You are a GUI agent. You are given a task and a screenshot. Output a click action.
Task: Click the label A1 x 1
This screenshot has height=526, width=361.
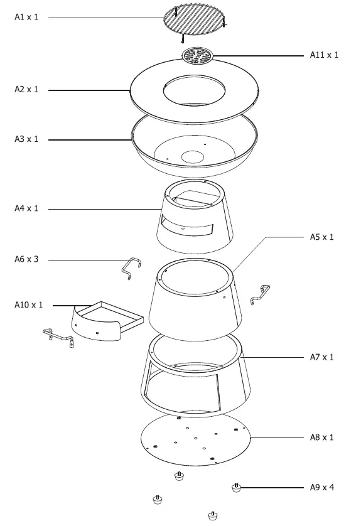pyautogui.click(x=26, y=17)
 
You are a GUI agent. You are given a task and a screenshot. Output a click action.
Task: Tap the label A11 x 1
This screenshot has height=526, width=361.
pyautogui.click(x=324, y=55)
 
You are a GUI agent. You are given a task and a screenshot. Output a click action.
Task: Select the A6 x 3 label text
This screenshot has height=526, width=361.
pyautogui.click(x=26, y=259)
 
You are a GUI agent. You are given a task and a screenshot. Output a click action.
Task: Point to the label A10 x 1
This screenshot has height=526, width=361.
pyautogui.click(x=28, y=305)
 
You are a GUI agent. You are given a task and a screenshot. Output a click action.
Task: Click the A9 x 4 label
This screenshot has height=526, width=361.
pyautogui.click(x=322, y=487)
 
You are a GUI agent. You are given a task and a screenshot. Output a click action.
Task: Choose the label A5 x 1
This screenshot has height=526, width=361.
pyautogui.click(x=322, y=237)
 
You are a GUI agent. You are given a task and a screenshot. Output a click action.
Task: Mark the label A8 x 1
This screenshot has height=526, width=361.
pyautogui.click(x=322, y=437)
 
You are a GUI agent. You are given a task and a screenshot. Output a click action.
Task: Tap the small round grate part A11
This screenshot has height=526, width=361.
pyautogui.click(x=197, y=56)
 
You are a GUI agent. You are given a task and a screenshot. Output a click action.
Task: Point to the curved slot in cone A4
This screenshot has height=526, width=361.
pyautogui.click(x=186, y=225)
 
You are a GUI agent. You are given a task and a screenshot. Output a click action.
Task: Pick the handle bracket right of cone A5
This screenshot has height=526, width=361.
pyautogui.click(x=261, y=294)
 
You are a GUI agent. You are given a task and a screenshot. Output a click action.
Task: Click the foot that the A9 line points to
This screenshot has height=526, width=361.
pyautogui.click(x=237, y=488)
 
